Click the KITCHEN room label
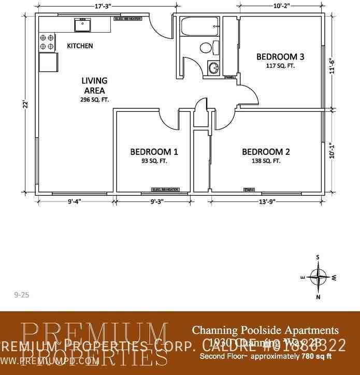[80, 46]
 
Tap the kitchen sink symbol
[82, 24]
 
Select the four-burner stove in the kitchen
[47, 42]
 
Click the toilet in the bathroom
[206, 49]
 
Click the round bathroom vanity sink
[213, 67]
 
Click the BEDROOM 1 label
[154, 152]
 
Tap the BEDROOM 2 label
[266, 152]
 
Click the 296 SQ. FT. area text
[94, 99]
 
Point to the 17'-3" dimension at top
[105, 6]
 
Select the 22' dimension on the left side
[24, 104]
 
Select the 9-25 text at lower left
[21, 295]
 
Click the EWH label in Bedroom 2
[249, 190]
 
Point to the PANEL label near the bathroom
[229, 77]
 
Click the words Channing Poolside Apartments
[265, 330]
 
